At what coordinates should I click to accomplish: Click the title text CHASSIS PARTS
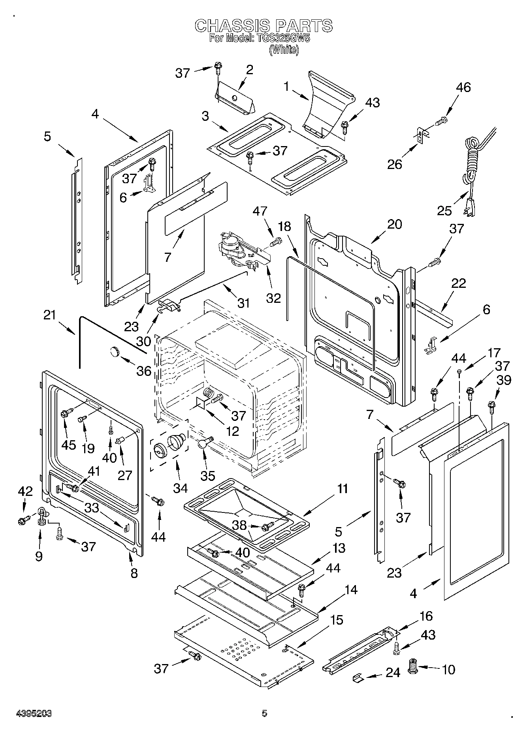[264, 26]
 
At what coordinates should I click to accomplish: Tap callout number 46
[463, 87]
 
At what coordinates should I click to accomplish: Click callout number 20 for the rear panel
[394, 224]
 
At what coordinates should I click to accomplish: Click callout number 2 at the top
[249, 70]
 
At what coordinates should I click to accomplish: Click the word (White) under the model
[283, 50]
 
